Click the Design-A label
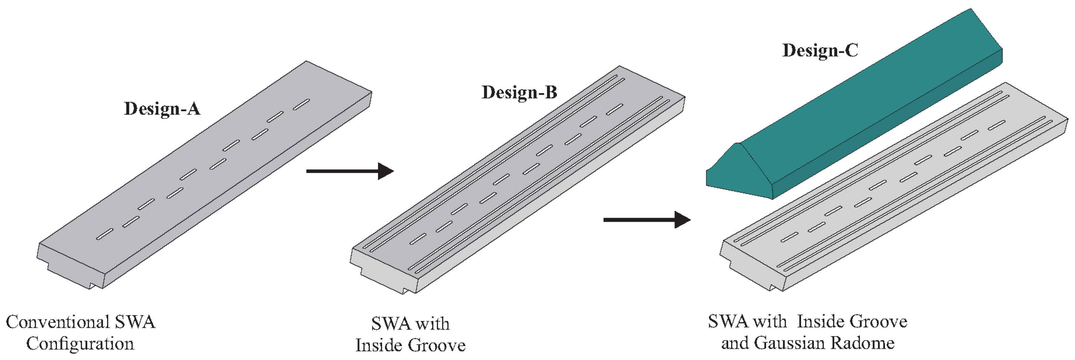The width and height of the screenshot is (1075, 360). [162, 109]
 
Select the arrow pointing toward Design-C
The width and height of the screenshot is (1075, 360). [647, 220]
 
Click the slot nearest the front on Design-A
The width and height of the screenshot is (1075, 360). [105, 234]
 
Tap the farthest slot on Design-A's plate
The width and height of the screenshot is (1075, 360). [301, 104]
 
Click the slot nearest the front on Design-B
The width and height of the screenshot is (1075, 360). [418, 239]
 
